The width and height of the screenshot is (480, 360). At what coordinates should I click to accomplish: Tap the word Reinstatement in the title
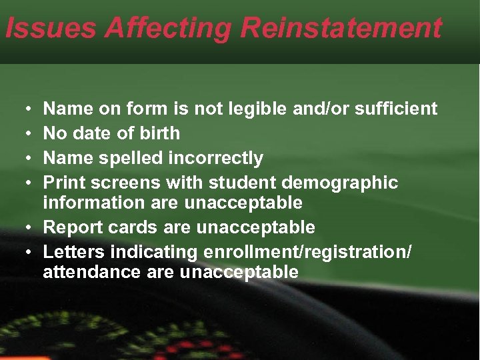[x=341, y=28]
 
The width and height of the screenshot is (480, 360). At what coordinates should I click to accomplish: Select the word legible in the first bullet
[x=257, y=109]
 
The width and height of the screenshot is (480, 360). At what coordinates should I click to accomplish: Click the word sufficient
[x=397, y=109]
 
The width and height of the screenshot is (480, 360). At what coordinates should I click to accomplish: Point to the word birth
[x=159, y=133]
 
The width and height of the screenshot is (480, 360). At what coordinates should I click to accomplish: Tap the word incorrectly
[x=217, y=158]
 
